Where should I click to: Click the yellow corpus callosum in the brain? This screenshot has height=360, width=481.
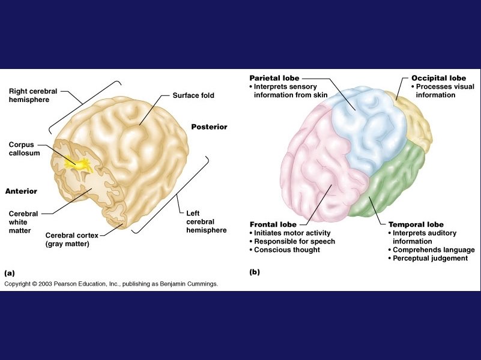pyautogui.click(x=79, y=161)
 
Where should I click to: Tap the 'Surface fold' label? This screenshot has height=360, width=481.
pyautogui.click(x=193, y=95)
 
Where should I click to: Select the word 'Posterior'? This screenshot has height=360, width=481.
pyautogui.click(x=210, y=127)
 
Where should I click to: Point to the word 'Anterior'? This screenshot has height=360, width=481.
pyautogui.click(x=21, y=191)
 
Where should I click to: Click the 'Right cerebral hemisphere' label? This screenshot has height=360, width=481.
pyautogui.click(x=33, y=95)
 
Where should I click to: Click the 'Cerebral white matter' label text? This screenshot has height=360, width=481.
pyautogui.click(x=23, y=221)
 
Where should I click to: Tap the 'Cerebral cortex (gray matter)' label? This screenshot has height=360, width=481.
pyautogui.click(x=71, y=239)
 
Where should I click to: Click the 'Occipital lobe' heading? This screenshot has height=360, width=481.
pyautogui.click(x=438, y=78)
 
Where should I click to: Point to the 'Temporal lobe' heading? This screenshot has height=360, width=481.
pyautogui.click(x=416, y=224)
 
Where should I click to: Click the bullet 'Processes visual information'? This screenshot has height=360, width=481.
pyautogui.click(x=444, y=91)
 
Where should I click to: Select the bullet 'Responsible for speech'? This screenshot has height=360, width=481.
pyautogui.click(x=294, y=241)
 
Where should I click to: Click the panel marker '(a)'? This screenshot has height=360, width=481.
pyautogui.click(x=10, y=272)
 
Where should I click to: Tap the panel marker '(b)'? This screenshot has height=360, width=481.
pyautogui.click(x=255, y=272)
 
